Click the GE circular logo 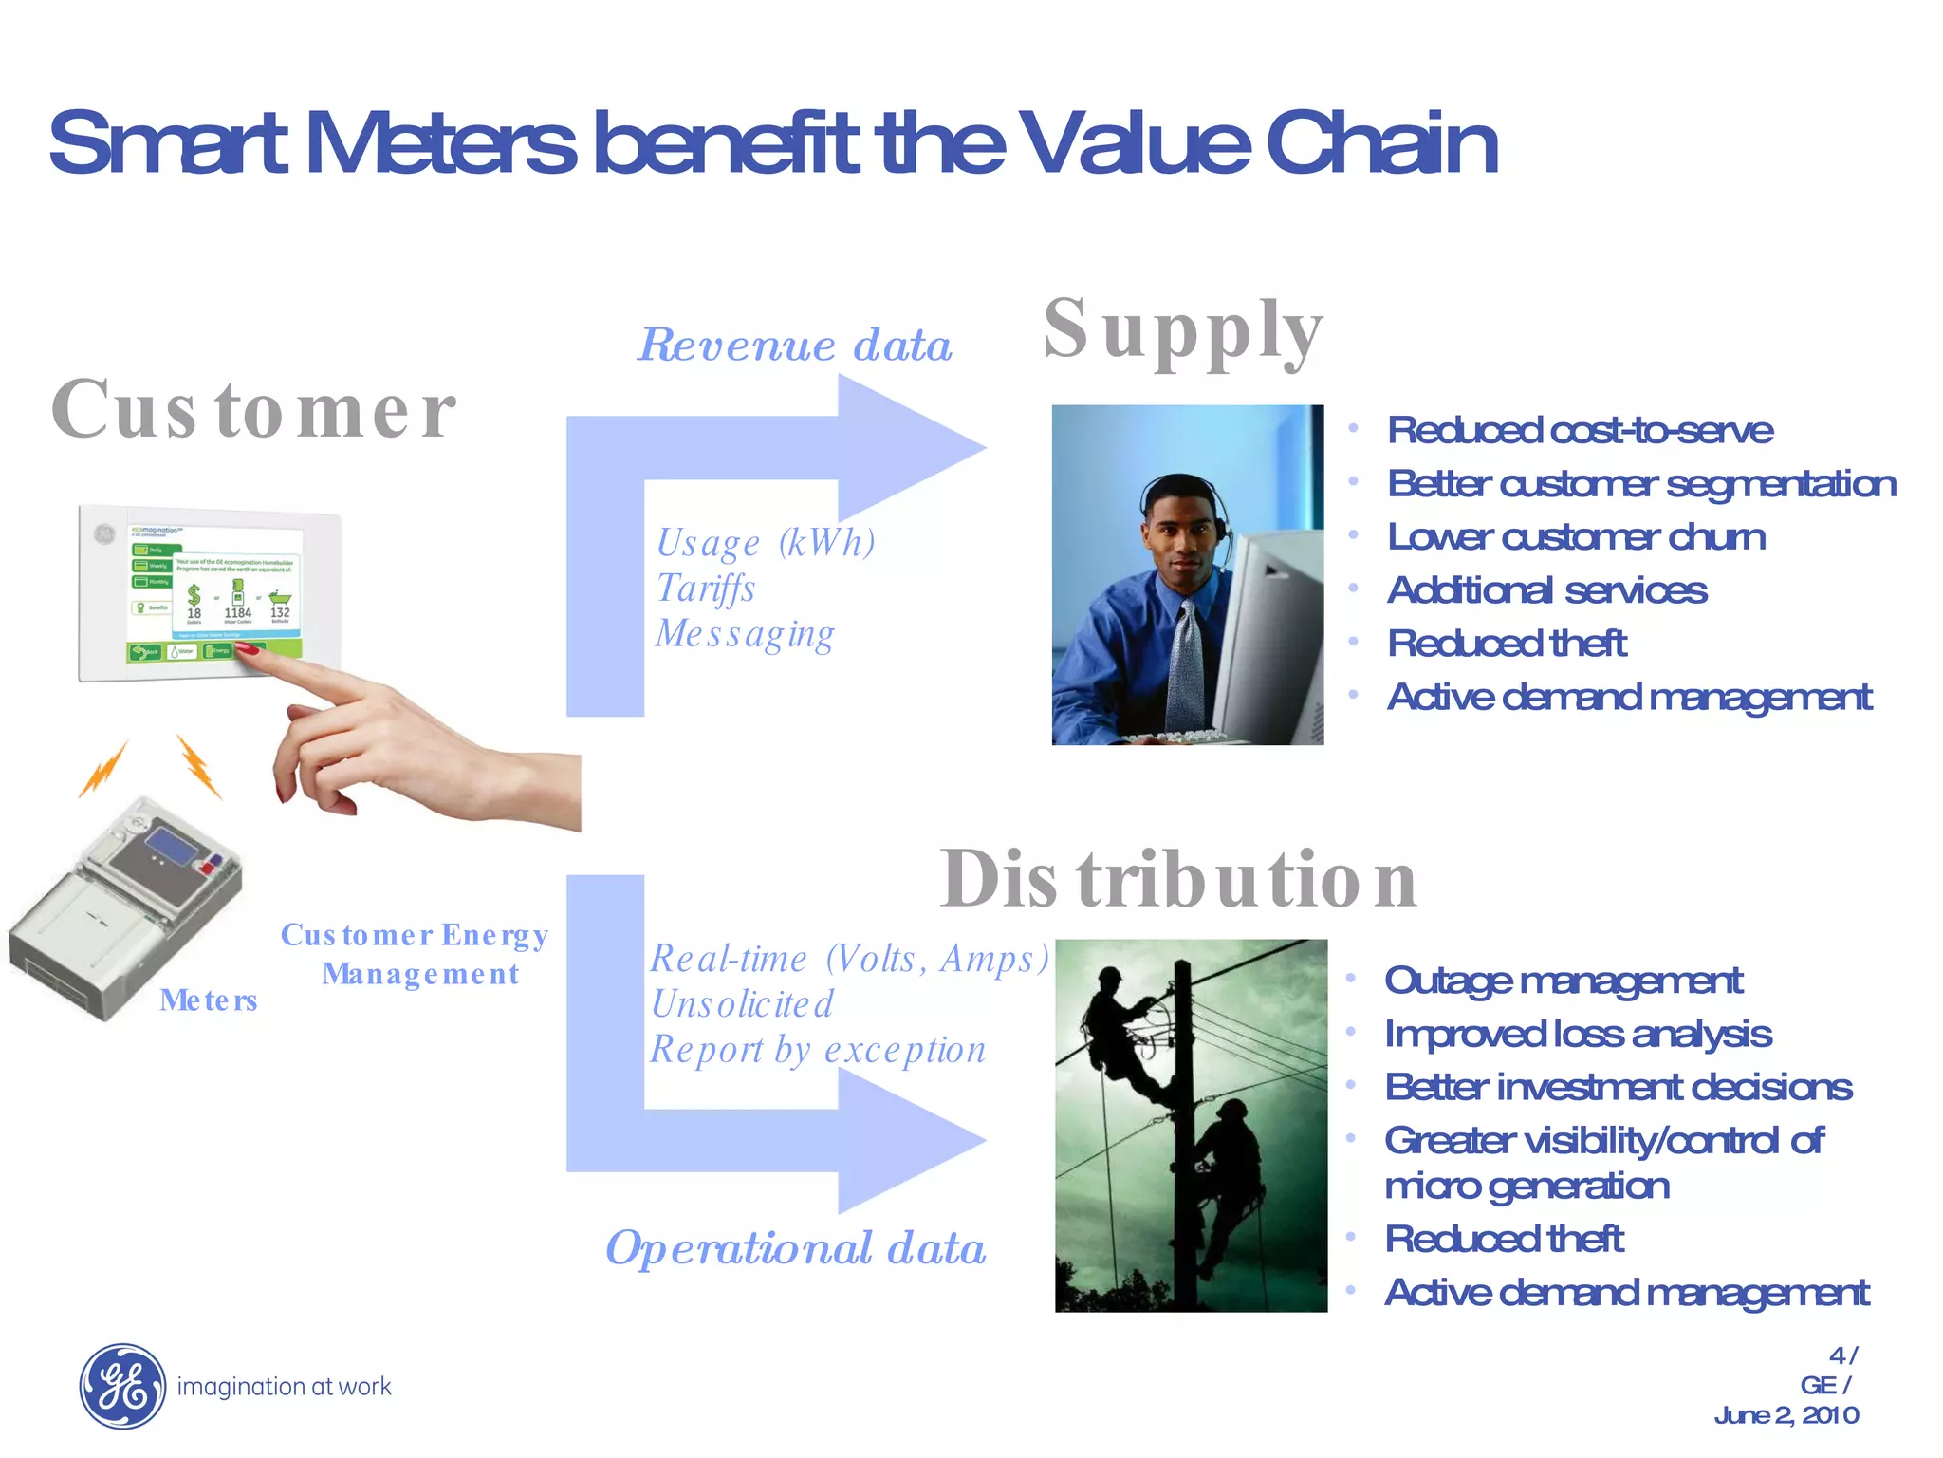(x=121, y=1386)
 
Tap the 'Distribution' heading (x=1178, y=879)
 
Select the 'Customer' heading (x=253, y=410)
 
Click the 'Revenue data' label (x=795, y=345)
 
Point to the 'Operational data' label (x=795, y=1247)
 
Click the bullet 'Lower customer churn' (x=1576, y=537)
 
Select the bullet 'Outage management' (x=1563, y=981)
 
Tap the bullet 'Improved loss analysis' (x=1578, y=1034)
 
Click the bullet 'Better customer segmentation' (x=1641, y=484)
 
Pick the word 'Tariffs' (x=706, y=589)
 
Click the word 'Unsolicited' (x=742, y=1004)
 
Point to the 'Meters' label (x=209, y=1000)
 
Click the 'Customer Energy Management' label (x=416, y=954)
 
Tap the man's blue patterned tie (x=1186, y=664)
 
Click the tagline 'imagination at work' (x=284, y=1387)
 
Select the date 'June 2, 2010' (x=1786, y=1415)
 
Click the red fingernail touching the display (x=247, y=648)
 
